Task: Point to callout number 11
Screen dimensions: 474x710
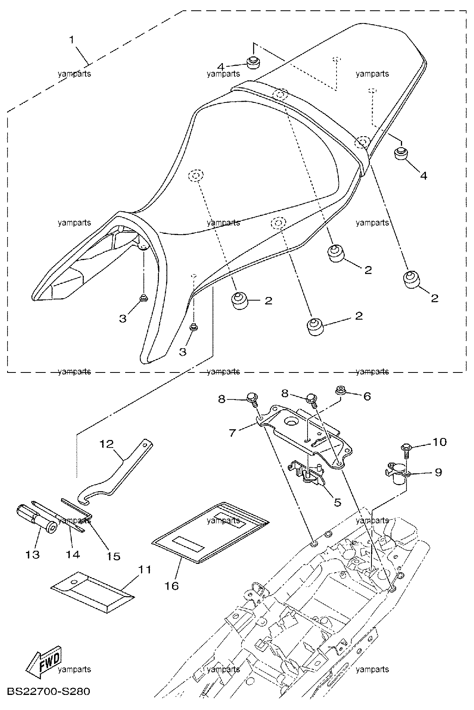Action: (x=145, y=569)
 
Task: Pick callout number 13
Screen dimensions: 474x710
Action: (x=33, y=554)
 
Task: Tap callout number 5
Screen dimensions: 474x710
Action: (x=337, y=502)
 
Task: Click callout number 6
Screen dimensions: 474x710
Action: (x=367, y=396)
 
